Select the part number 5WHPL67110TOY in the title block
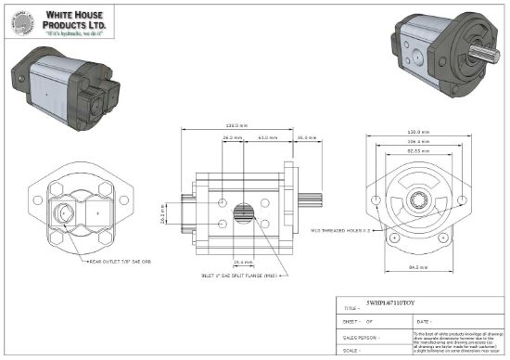(x=391, y=304)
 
